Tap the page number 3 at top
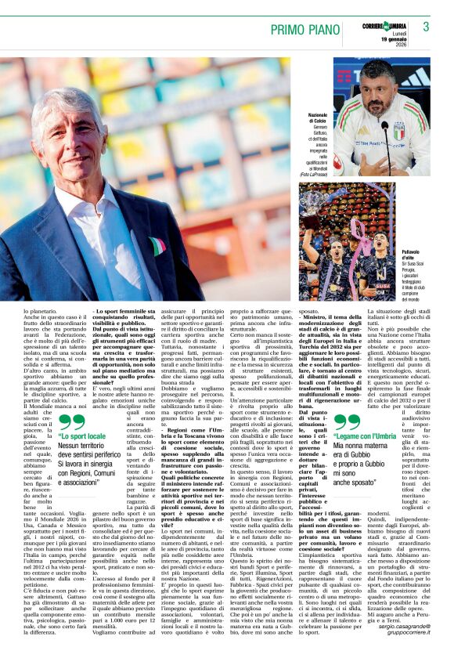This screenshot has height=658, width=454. click(426, 27)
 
